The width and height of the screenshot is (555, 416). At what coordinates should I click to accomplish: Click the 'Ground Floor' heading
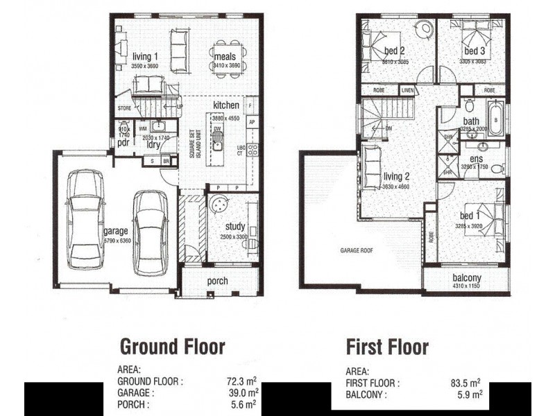[x=173, y=346]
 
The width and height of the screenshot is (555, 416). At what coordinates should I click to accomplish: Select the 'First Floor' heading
[x=387, y=346]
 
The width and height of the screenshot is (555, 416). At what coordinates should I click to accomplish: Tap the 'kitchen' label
[x=226, y=105]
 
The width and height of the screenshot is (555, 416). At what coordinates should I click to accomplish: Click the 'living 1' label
[x=146, y=56]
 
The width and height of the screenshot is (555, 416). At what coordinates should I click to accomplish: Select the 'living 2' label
[x=397, y=177]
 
